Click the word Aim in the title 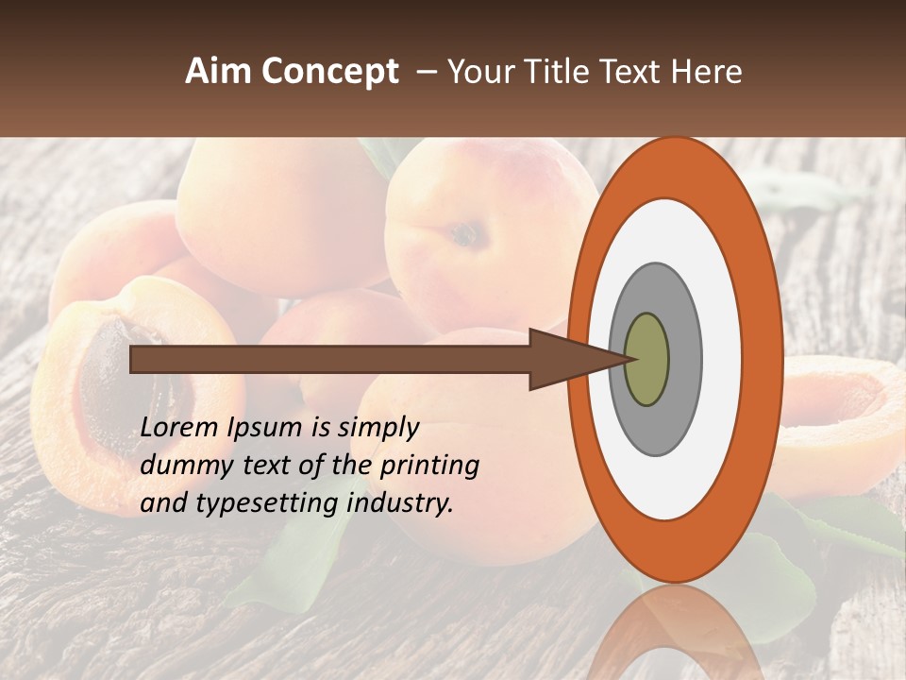point(219,72)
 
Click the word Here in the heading point(709,72)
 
